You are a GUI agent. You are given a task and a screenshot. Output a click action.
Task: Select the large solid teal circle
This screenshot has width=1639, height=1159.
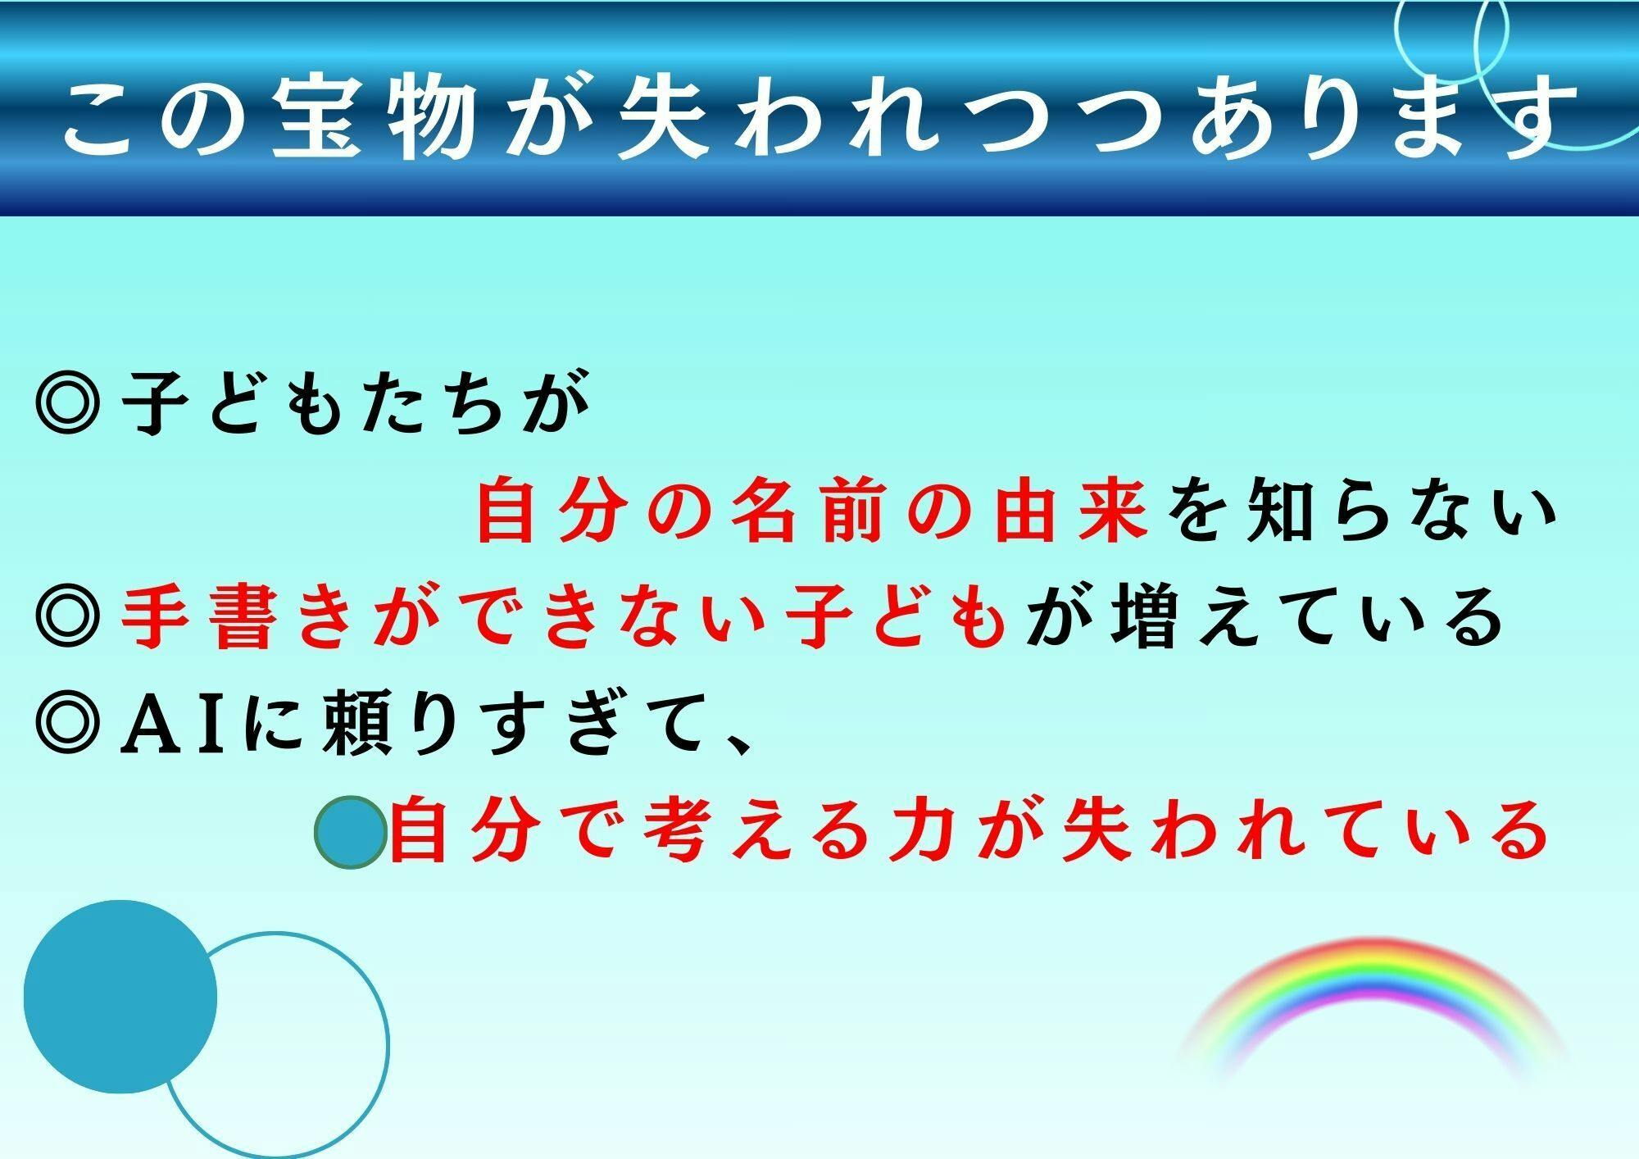[x=120, y=996]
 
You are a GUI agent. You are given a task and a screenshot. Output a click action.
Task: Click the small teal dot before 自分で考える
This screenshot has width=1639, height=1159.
[x=350, y=832]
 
